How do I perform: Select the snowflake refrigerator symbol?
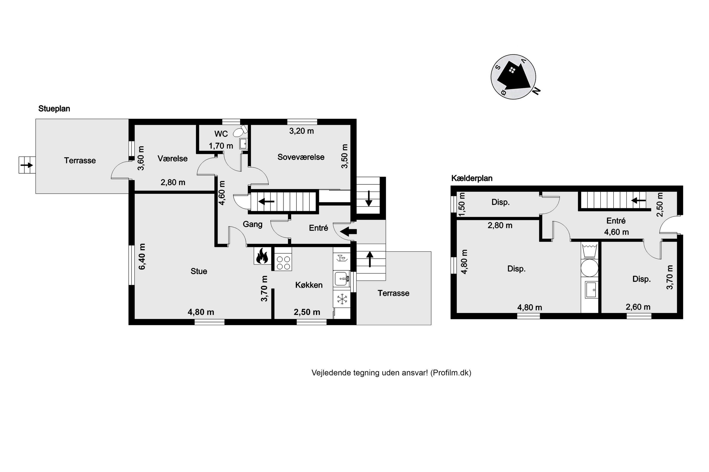[x=342, y=299]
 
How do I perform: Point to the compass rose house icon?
[x=513, y=76]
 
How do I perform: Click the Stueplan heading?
[x=54, y=109]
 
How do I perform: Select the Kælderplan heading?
[x=472, y=178]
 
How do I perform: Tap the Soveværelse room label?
[x=301, y=157]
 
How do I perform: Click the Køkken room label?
[x=309, y=285]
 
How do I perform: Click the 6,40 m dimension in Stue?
[x=142, y=257]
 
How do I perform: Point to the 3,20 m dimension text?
[x=302, y=131]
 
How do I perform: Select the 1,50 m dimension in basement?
[x=462, y=205]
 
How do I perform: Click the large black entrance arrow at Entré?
[x=348, y=232]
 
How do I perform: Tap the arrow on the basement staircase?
[x=639, y=200]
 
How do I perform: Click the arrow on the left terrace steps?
[x=26, y=165]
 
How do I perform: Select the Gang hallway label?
[x=253, y=224]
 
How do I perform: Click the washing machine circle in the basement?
[x=590, y=268]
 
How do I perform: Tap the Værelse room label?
[x=173, y=159]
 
